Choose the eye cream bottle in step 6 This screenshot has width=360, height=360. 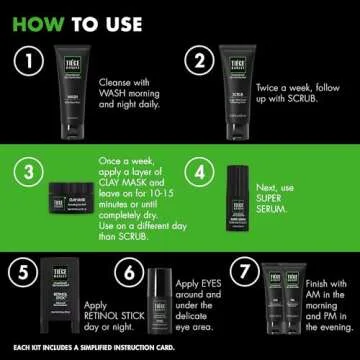point(159,300)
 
